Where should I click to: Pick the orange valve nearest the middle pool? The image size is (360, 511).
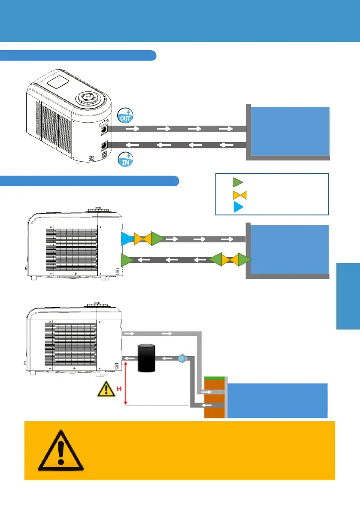[230, 260]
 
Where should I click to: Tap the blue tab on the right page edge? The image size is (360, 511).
[348, 296]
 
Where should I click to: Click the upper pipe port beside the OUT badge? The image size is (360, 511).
[103, 128]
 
